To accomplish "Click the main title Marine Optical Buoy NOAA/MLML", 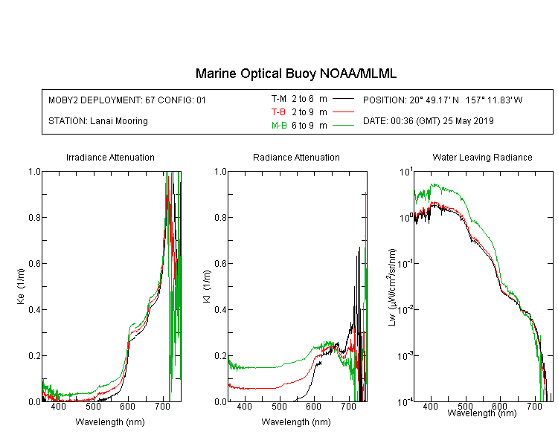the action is [295, 74].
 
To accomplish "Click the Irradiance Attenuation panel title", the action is [110, 157].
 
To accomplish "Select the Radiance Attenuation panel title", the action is [296, 157].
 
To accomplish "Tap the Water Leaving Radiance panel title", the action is [482, 157].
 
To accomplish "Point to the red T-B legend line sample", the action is [343, 112].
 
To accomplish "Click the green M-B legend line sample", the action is [343, 125].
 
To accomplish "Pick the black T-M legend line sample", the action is [343, 99].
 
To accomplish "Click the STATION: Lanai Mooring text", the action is [98, 121].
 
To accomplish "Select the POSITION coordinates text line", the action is [443, 100].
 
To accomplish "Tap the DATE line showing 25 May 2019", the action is [428, 121].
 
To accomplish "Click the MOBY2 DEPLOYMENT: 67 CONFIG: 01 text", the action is [127, 100].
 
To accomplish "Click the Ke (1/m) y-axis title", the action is [21, 286].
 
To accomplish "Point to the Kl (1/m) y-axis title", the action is [207, 286].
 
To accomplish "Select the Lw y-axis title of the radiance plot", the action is [392, 287].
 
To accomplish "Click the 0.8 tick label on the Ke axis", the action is [34, 217].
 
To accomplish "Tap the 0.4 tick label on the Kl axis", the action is [220, 309].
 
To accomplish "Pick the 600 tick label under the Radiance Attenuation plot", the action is [314, 406].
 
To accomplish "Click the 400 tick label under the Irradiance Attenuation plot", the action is [58, 406].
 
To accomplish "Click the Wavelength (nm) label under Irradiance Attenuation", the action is [110, 422].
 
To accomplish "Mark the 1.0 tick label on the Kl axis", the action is [220, 172].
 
